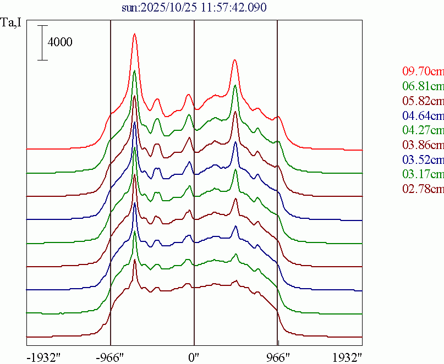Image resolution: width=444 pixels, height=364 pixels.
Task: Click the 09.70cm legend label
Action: [423, 71]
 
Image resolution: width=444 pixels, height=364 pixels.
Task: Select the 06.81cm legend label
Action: [423, 86]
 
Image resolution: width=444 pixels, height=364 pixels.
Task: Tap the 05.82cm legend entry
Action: [423, 101]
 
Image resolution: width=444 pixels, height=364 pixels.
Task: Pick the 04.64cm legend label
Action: [423, 116]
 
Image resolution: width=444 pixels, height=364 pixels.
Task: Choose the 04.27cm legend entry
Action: [423, 131]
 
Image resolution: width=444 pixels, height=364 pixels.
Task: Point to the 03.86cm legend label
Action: [423, 145]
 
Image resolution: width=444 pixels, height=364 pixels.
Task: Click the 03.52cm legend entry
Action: [423, 160]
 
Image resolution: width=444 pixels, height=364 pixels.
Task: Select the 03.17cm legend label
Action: [423, 175]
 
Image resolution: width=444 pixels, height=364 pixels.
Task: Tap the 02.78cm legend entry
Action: [423, 190]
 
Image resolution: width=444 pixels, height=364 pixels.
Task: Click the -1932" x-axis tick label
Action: [43, 357]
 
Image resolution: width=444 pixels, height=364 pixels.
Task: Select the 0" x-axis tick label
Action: [194, 357]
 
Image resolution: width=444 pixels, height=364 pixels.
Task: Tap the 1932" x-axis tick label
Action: [347, 357]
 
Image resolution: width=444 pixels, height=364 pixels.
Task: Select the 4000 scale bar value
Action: [59, 42]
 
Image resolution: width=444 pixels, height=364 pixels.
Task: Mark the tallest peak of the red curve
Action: [134, 34]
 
